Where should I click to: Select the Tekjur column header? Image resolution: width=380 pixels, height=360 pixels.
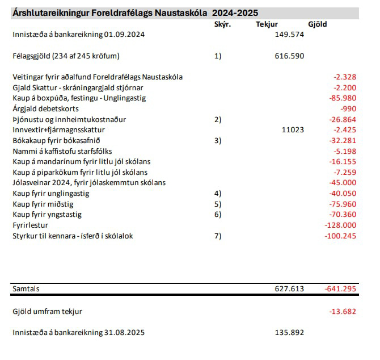coord(267,24)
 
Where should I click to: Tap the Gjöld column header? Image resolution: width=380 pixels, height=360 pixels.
coord(317,24)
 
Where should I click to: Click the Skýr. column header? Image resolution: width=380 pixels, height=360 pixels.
coord(223,24)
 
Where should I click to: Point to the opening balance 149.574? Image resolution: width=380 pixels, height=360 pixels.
coord(289,35)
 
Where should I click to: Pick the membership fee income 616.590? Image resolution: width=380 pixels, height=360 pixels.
coord(289,56)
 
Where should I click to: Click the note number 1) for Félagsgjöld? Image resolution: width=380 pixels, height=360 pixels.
coord(218,56)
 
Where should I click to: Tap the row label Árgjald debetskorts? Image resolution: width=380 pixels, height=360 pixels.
coord(45,108)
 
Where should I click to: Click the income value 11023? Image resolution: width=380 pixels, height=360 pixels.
coord(292,130)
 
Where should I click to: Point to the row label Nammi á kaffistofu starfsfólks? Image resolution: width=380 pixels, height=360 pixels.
coord(62,151)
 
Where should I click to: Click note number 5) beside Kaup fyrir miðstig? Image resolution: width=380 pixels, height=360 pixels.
coord(218,204)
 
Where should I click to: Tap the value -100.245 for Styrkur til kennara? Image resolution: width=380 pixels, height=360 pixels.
coord(341,236)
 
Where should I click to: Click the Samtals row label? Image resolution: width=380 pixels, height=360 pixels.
coord(26,289)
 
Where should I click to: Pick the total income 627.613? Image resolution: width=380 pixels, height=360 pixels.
coord(289,289)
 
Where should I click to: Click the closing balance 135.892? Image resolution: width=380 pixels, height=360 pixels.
coord(289,333)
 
